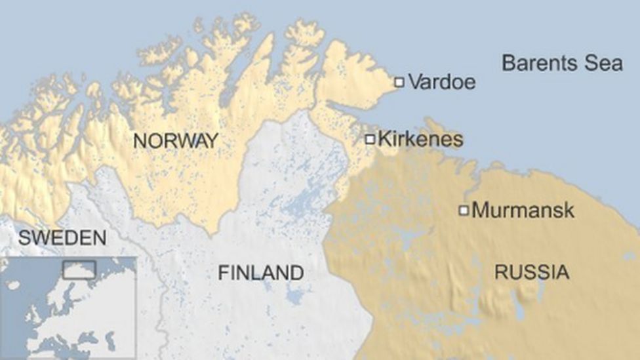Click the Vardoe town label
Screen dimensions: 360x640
pyautogui.click(x=441, y=83)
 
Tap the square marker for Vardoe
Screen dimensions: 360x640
pyautogui.click(x=399, y=82)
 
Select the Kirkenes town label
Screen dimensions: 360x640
pyautogui.click(x=421, y=139)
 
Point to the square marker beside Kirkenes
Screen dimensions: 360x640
pyautogui.click(x=370, y=139)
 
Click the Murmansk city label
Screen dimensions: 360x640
pyautogui.click(x=523, y=210)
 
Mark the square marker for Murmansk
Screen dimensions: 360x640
pyautogui.click(x=464, y=210)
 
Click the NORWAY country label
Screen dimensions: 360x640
pyautogui.click(x=175, y=140)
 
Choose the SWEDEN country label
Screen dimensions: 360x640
pyautogui.click(x=62, y=238)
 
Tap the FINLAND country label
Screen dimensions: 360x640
pyautogui.click(x=261, y=272)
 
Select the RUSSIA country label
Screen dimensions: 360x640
pyautogui.click(x=532, y=271)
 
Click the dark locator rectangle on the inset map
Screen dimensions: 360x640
pyautogui.click(x=79, y=270)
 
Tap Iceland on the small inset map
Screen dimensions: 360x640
pyautogui.click(x=13, y=285)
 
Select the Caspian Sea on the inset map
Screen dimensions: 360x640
pyautogui.click(x=111, y=339)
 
